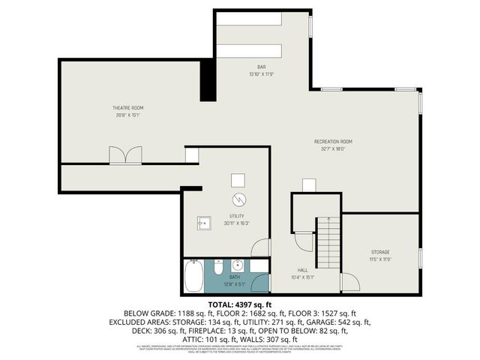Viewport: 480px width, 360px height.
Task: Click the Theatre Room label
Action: click(x=127, y=108)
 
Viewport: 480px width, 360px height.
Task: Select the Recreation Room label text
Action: click(x=333, y=141)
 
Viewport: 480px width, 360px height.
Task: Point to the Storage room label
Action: click(x=380, y=251)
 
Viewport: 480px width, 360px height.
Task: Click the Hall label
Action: click(x=303, y=269)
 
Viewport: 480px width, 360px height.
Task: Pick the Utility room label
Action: click(x=237, y=215)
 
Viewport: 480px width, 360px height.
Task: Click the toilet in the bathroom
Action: click(x=217, y=268)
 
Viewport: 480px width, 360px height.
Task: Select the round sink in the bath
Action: click(x=237, y=265)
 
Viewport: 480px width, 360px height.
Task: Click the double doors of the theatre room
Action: click(x=124, y=155)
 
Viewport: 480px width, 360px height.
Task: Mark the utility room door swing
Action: click(x=260, y=247)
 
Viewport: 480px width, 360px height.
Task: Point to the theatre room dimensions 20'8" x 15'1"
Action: click(x=127, y=115)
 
